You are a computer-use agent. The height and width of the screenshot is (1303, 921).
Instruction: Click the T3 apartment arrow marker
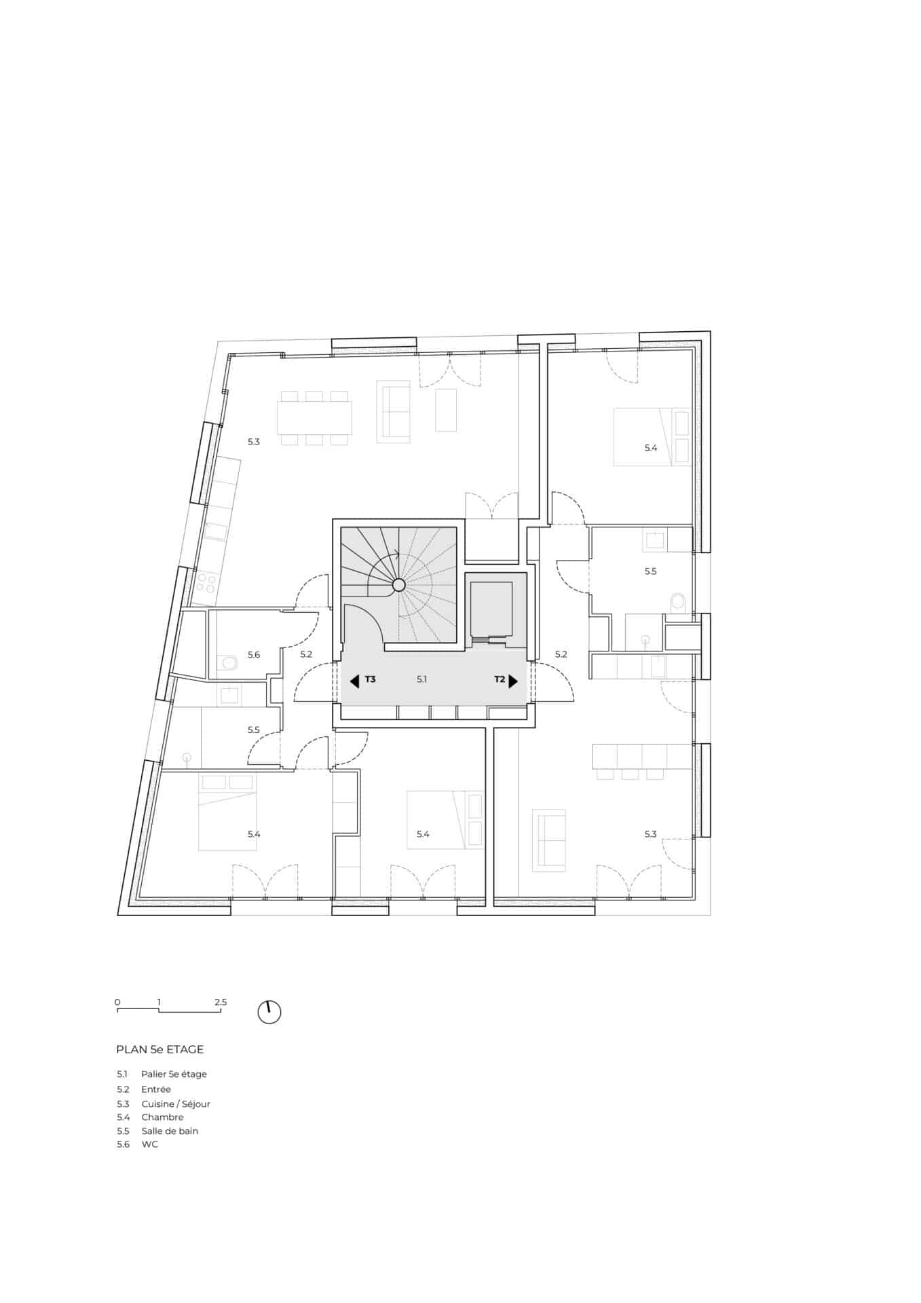pos(354,681)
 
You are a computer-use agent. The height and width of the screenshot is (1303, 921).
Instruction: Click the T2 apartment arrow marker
pos(513,681)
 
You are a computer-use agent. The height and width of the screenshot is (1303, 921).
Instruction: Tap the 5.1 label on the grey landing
pos(421,679)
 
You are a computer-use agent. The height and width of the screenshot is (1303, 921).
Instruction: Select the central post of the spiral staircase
pos(398,584)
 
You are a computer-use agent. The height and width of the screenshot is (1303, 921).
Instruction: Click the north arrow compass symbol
pos(269,1012)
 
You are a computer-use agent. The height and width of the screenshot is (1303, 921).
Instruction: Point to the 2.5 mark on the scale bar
pos(220,1002)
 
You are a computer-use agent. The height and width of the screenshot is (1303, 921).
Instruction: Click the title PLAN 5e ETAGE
pos(160,1049)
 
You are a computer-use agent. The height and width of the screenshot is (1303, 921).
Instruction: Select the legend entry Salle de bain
pos(170,1131)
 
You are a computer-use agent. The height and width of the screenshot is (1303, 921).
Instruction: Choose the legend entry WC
pos(149,1144)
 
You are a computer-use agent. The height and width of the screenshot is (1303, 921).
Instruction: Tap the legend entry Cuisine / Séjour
pos(176,1103)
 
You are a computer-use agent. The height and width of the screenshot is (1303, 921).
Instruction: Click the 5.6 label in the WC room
pos(253,655)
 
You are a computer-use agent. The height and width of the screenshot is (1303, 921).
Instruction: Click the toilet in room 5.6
pos(229,662)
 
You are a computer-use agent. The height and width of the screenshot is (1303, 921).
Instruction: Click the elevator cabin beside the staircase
pos(492,607)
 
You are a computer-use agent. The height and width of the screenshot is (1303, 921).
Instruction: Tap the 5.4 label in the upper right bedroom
pos(651,448)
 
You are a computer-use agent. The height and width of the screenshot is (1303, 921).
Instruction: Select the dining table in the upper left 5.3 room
pos(314,418)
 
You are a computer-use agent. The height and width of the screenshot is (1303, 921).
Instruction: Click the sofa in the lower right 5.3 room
pos(548,840)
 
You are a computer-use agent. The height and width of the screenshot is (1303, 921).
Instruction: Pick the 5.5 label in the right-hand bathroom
pos(650,571)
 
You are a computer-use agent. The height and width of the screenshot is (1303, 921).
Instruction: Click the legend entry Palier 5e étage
pos(174,1074)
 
